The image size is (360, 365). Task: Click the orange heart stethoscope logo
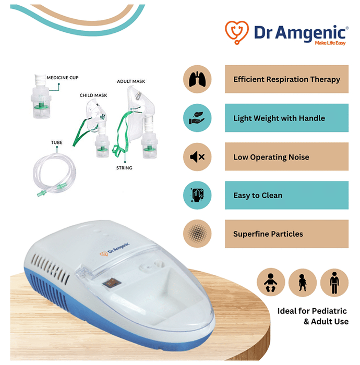click(236, 32)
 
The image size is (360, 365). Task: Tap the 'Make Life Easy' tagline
click(330, 43)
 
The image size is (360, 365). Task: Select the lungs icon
click(197, 79)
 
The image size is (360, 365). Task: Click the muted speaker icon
click(197, 157)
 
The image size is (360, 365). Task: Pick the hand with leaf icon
click(197, 118)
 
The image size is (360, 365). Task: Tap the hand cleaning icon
click(197, 195)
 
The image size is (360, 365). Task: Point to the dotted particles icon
click(197, 234)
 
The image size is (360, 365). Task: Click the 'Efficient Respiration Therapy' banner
click(286, 79)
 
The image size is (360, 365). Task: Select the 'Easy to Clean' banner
click(286, 195)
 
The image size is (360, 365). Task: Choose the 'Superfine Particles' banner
click(286, 234)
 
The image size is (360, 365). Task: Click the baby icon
click(271, 283)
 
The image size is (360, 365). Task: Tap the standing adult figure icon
click(334, 283)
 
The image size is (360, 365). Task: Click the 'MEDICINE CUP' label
click(63, 78)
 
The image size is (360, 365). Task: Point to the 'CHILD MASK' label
click(93, 95)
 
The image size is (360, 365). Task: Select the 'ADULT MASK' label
click(131, 81)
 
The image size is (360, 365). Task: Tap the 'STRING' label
click(124, 168)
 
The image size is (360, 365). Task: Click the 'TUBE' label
click(57, 142)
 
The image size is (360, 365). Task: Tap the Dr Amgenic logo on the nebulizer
click(115, 250)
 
